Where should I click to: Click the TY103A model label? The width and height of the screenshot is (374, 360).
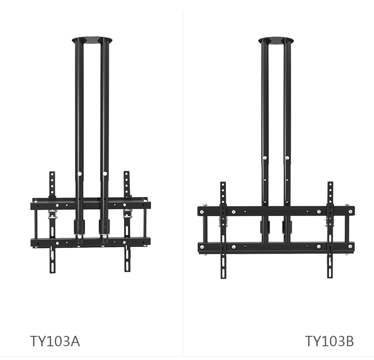click(55, 341)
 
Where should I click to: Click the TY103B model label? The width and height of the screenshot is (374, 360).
click(329, 341)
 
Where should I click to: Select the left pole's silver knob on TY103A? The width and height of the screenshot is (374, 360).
click(80, 174)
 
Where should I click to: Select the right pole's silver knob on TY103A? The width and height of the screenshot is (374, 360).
click(105, 173)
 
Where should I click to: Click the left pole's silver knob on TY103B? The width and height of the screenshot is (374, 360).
click(265, 158)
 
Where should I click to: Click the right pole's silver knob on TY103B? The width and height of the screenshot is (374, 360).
click(287, 158)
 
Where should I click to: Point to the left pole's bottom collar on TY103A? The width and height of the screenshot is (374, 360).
click(79, 227)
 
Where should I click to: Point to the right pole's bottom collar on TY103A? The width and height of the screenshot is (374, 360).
click(104, 227)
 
